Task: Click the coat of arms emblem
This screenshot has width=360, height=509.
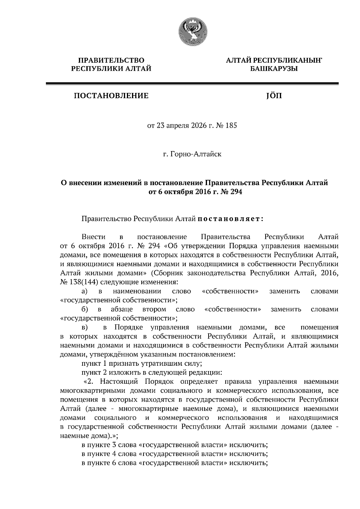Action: (192, 32)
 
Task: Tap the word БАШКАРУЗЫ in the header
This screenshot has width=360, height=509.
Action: (274, 69)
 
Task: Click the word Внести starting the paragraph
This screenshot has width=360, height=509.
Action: (94, 237)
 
